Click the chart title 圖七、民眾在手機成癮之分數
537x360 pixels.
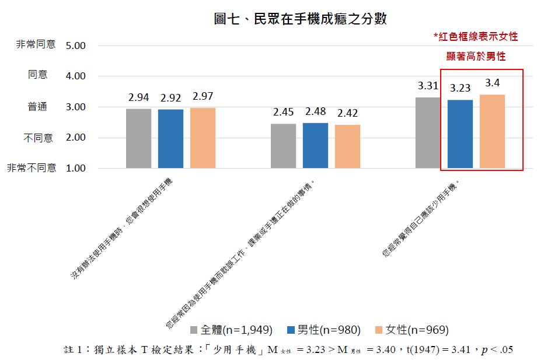coord(301,19)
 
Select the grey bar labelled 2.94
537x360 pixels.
coord(138,139)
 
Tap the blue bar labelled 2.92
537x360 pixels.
coord(170,139)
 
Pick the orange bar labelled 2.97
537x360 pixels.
coord(203,138)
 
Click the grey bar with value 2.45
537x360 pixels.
coord(283,146)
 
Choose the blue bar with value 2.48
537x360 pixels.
coord(315,146)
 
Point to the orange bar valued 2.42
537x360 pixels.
coord(347,146)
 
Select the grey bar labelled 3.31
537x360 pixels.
coord(428,133)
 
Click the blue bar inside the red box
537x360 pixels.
coord(460,134)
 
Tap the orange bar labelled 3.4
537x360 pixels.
coord(492,132)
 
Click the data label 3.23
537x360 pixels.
coord(460,89)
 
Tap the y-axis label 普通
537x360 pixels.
coord(38,107)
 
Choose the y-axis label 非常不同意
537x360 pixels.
coord(32,168)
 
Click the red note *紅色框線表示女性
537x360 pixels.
coord(475,36)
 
